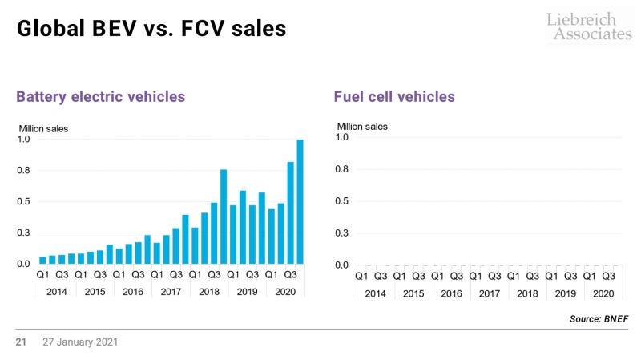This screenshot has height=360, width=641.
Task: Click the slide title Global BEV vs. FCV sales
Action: coord(151,30)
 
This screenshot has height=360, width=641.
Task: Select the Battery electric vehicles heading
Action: coord(101,97)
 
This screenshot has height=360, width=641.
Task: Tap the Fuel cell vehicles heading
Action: coord(394,97)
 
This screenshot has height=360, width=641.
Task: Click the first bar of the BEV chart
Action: coord(42,260)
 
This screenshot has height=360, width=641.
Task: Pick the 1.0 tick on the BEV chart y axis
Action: coord(24,139)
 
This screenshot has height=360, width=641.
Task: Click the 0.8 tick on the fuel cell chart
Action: coord(342,169)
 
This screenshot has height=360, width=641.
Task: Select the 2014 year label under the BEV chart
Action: coord(57,291)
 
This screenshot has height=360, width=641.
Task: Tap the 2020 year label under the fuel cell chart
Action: coord(603,293)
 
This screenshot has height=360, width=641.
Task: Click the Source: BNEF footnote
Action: coord(599,319)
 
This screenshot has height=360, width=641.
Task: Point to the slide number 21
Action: coord(22,342)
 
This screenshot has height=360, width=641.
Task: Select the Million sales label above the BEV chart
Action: coord(43,128)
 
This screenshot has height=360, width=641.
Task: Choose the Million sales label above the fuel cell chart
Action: coord(362,126)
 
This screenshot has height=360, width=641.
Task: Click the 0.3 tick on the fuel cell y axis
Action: coord(342,233)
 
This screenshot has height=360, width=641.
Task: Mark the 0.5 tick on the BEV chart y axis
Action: coord(24,201)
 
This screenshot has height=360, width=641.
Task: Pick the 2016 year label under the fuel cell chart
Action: coord(451,293)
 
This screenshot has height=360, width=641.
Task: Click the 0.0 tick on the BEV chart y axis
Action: coord(24,264)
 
